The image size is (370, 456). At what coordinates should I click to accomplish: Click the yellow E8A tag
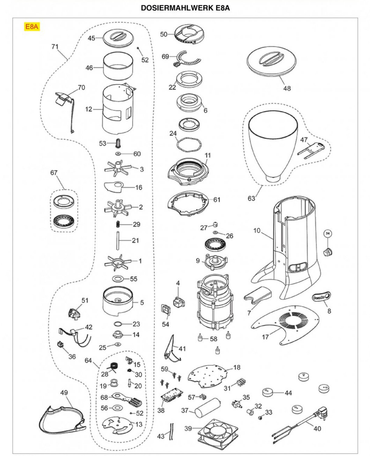(x=32, y=27)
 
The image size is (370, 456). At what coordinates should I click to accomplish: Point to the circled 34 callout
(x=327, y=233)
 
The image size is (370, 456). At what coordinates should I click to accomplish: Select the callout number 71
(x=55, y=47)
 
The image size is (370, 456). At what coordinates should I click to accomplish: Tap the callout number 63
(x=252, y=198)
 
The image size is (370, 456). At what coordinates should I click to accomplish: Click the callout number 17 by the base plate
(x=265, y=337)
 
